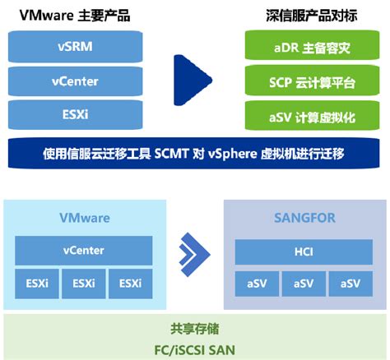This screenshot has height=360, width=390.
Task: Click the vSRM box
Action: pos(75,47)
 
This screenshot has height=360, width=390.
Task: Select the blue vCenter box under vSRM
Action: pos(75,81)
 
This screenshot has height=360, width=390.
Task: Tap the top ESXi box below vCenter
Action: pos(75,113)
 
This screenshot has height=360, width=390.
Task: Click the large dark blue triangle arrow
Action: pos(191,81)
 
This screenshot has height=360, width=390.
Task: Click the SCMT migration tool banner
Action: pos(194,154)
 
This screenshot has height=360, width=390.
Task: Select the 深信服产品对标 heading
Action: pos(310,14)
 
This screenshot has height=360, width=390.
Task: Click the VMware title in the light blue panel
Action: pos(84,218)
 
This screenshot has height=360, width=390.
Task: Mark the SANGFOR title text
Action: pos(305,218)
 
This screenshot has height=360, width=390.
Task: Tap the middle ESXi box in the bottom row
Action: pos(84,283)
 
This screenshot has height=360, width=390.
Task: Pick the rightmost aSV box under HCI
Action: pos(351,283)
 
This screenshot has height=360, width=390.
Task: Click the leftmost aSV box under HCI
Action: pos(258,283)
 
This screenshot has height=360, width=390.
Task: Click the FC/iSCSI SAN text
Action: pos(194,348)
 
